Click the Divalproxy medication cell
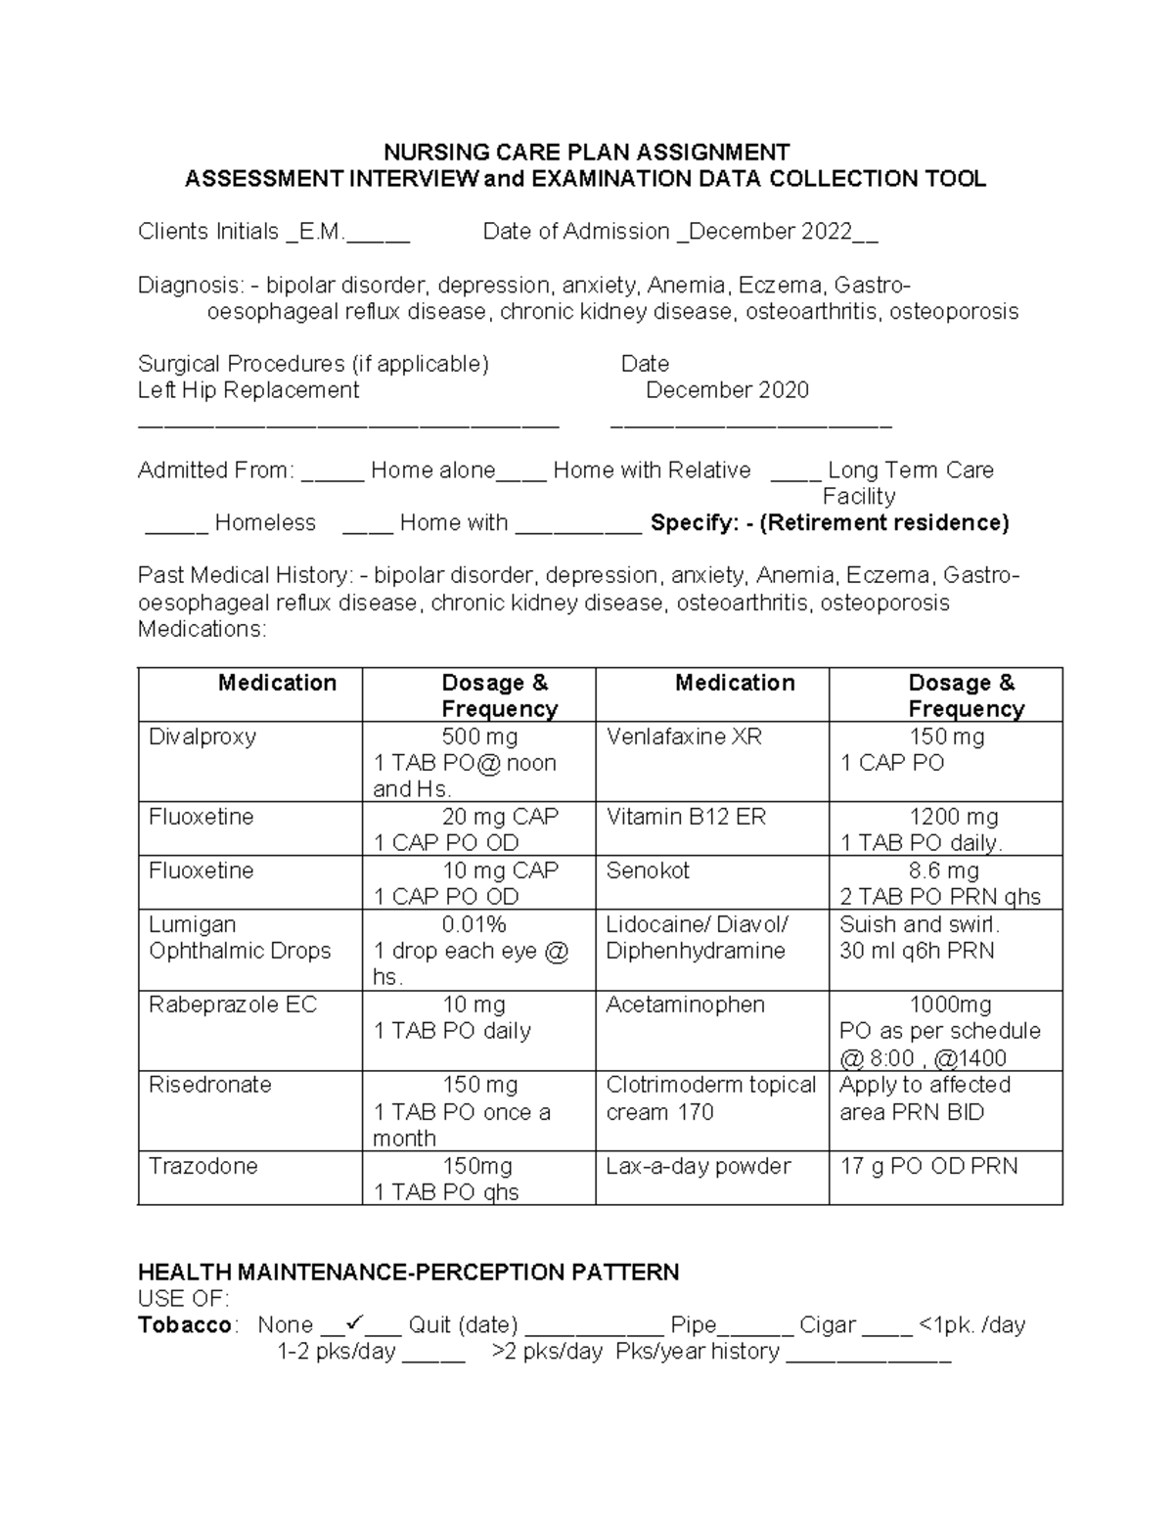[203, 737]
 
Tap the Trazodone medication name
[203, 1166]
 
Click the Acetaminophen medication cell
[685, 1005]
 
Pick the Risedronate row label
[209, 1085]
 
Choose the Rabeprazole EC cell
[233, 1005]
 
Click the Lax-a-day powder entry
[698, 1166]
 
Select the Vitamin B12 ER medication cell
[686, 817]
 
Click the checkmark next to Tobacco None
[354, 1323]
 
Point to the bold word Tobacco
[185, 1325]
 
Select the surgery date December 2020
[727, 390]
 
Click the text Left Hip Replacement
[248, 390]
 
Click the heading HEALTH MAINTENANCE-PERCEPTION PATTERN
[408, 1273]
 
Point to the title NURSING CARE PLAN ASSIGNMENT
[586, 153]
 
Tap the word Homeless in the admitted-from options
[265, 523]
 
